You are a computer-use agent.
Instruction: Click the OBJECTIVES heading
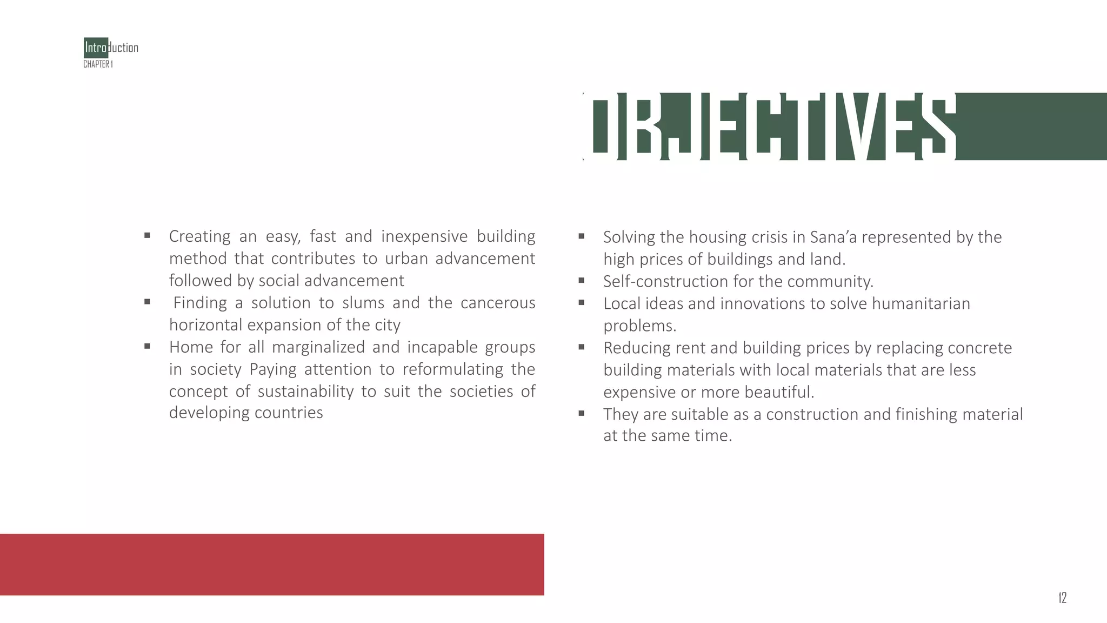[x=770, y=127]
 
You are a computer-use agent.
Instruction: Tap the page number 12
[x=1062, y=598]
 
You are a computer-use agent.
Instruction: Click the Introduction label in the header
[x=111, y=48]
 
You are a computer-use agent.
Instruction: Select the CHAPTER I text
[x=98, y=64]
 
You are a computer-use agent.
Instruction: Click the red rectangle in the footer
[x=272, y=564]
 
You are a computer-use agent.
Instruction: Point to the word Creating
[x=199, y=236]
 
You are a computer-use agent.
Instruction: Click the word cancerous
[x=497, y=303]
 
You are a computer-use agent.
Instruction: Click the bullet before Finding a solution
[x=147, y=302]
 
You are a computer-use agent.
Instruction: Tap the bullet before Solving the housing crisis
[x=581, y=236]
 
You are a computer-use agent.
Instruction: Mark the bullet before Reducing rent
[x=581, y=347]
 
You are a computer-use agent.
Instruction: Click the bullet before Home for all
[x=147, y=346]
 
